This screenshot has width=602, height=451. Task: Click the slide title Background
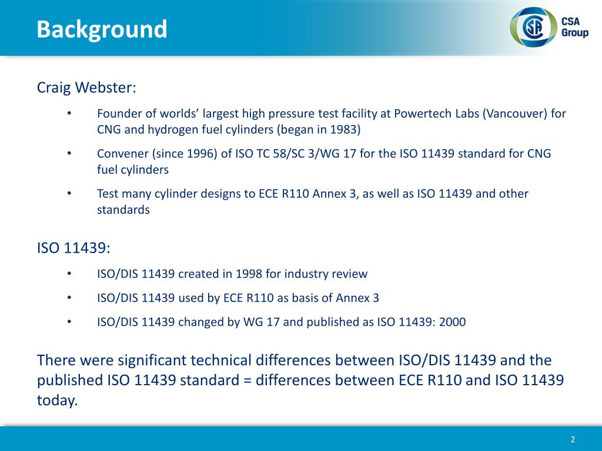point(102,29)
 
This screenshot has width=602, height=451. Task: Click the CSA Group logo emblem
point(533,27)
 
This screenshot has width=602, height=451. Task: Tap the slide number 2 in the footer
point(573,440)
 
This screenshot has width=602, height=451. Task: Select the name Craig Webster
point(86,88)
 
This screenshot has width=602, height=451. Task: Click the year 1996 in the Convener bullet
point(200,153)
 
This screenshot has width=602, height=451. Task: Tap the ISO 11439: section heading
point(73,248)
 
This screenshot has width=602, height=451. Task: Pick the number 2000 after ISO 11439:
point(453,322)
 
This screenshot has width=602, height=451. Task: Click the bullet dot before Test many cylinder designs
point(69,193)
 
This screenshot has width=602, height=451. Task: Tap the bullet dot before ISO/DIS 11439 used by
point(69,298)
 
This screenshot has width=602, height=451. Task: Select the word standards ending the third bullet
point(123,210)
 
